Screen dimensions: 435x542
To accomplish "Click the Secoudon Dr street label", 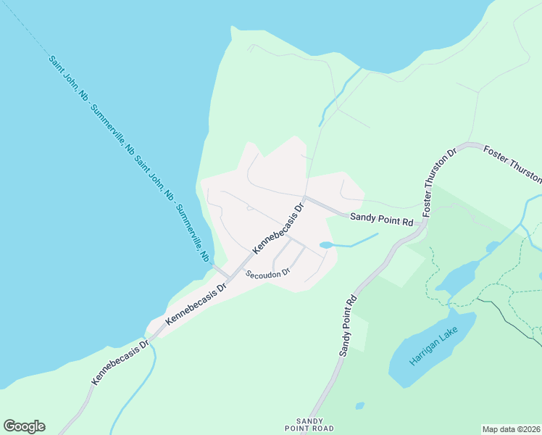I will pos(267,273).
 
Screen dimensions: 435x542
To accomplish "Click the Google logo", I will pos(24,426).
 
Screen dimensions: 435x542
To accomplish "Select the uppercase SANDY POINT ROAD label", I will pos(315,425).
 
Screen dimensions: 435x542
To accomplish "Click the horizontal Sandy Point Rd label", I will pos(381,218).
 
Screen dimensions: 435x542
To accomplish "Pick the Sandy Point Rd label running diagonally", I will pos(349,324).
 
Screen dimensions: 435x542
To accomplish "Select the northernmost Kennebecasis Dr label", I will pos(278,228).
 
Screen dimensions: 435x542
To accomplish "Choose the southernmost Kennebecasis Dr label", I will pos(120,360).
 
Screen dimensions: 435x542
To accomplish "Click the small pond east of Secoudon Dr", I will pos(326,246).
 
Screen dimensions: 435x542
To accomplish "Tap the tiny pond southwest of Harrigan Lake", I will pos(360,406).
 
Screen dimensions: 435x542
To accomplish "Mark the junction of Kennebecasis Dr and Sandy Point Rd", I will pos(305,196).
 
